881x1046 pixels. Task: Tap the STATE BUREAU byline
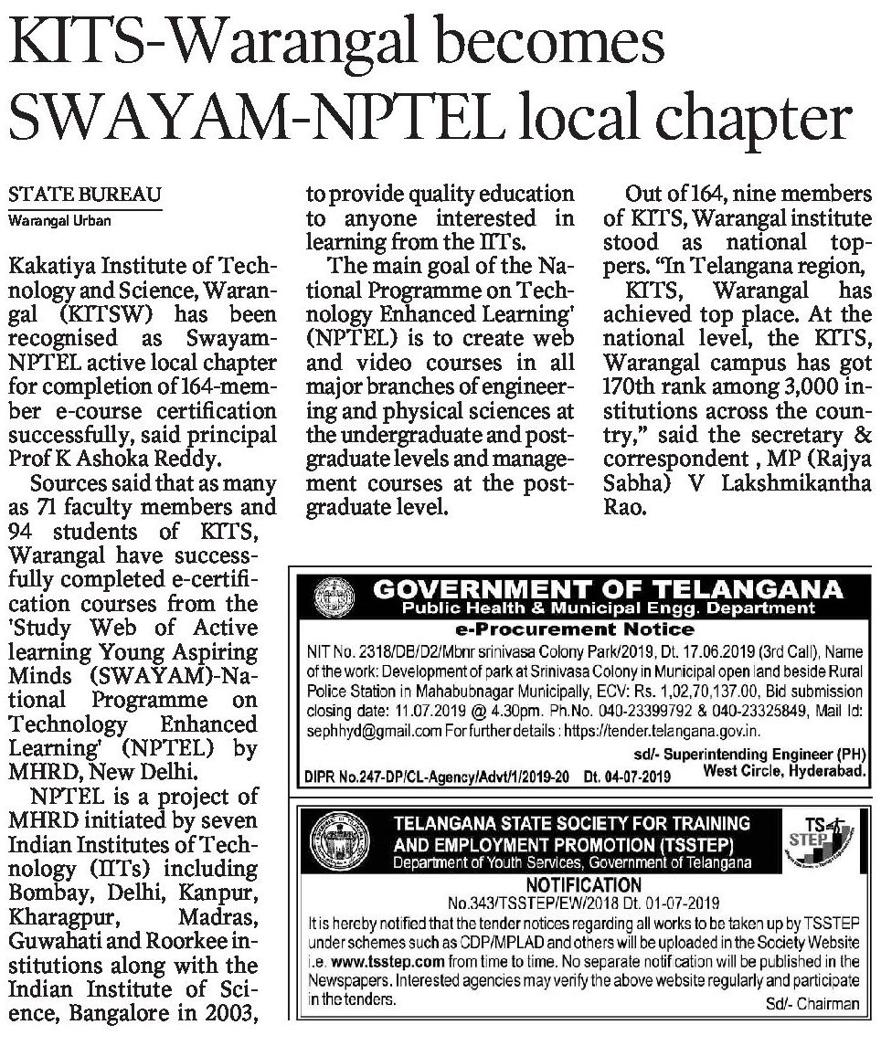click(x=85, y=195)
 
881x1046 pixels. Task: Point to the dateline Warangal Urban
click(x=60, y=219)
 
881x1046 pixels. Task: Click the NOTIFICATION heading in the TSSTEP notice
click(x=585, y=884)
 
